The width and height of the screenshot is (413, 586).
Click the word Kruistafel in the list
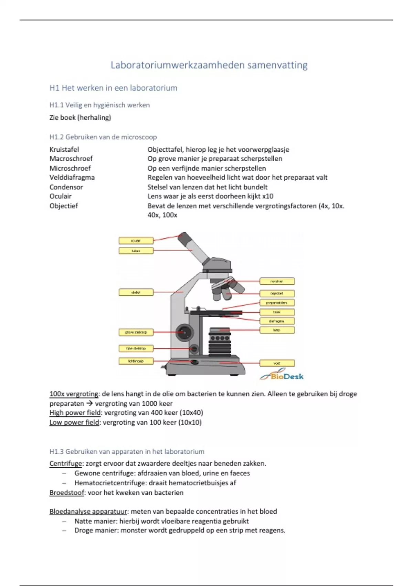click(x=64, y=150)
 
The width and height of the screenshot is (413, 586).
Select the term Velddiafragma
click(x=72, y=178)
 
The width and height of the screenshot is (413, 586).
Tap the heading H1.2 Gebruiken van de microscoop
click(x=103, y=137)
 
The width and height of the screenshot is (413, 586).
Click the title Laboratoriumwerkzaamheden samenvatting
click(x=209, y=65)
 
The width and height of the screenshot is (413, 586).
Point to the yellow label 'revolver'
click(x=277, y=281)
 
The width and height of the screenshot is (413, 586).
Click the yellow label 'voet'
click(x=277, y=363)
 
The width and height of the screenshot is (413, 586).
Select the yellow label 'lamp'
click(x=277, y=330)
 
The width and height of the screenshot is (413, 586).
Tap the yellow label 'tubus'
click(x=136, y=251)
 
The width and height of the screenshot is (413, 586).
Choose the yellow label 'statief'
click(x=136, y=292)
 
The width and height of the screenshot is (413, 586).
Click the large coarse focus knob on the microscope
click(x=184, y=332)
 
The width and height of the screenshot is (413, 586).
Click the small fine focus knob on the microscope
click(x=194, y=349)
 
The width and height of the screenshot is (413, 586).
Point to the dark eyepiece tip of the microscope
click(x=185, y=237)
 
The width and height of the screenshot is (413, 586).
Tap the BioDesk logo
click(x=282, y=376)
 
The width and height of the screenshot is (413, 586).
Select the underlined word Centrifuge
click(x=66, y=464)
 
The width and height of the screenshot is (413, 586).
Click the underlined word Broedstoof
click(x=67, y=493)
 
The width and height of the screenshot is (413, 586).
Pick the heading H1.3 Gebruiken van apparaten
click(x=127, y=452)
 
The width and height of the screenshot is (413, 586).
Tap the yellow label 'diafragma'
click(x=277, y=321)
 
